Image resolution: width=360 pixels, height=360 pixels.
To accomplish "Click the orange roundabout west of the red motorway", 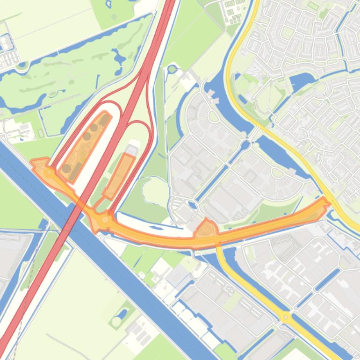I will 50,173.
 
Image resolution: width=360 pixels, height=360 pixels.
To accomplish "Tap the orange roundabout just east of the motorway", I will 106,219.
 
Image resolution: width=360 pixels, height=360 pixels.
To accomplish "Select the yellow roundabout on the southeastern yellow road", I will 286,317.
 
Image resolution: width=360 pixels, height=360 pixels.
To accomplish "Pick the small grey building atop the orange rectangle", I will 132,150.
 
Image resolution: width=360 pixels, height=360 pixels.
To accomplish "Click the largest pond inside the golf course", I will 119,58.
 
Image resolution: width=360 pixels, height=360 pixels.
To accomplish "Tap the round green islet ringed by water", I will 172,69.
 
